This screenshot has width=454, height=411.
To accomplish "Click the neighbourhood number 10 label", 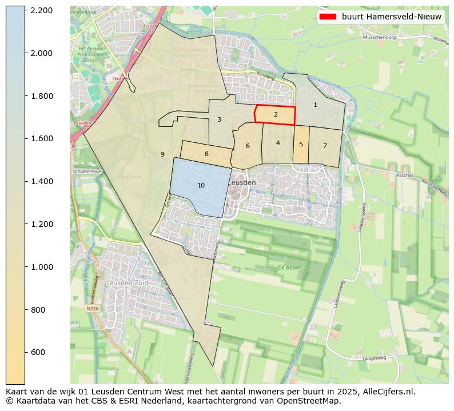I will (201, 185).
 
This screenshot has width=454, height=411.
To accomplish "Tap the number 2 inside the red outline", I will (276, 114).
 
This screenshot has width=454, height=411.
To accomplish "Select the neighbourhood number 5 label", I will (301, 144).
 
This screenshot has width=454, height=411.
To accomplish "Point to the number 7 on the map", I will (325, 146).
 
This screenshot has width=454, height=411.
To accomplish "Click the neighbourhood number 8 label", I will (206, 154).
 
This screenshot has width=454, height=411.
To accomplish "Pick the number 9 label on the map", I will (162, 154).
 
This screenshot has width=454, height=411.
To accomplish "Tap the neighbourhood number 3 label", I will (219, 119).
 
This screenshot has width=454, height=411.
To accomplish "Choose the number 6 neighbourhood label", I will (248, 146).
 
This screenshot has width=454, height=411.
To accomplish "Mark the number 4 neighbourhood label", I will (278, 143).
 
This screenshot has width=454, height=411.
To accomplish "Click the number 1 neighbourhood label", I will (315, 105).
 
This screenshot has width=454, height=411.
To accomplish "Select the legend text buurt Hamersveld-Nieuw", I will (391, 17).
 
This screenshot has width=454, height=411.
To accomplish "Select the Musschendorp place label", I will (380, 38).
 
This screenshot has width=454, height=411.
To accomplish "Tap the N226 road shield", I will (92, 308).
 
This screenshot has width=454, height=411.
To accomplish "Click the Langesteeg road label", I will (375, 358).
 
